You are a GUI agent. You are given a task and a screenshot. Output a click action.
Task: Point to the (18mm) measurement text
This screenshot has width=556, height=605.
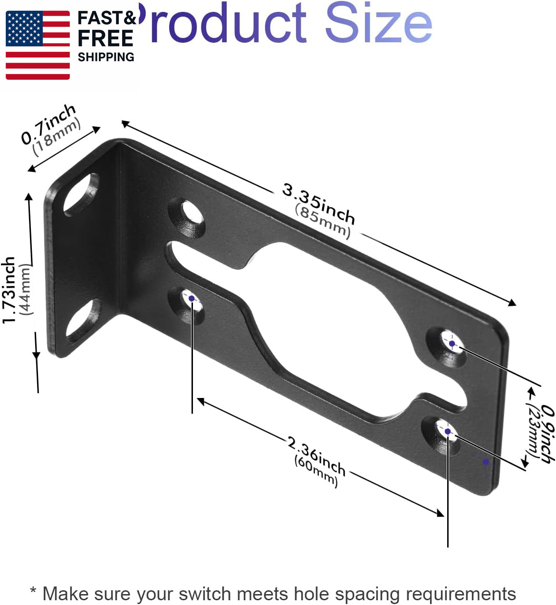[57, 136]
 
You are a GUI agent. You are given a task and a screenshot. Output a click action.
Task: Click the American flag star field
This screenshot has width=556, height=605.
[24, 28]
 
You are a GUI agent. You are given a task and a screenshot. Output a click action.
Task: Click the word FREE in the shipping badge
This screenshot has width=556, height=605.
[105, 38]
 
